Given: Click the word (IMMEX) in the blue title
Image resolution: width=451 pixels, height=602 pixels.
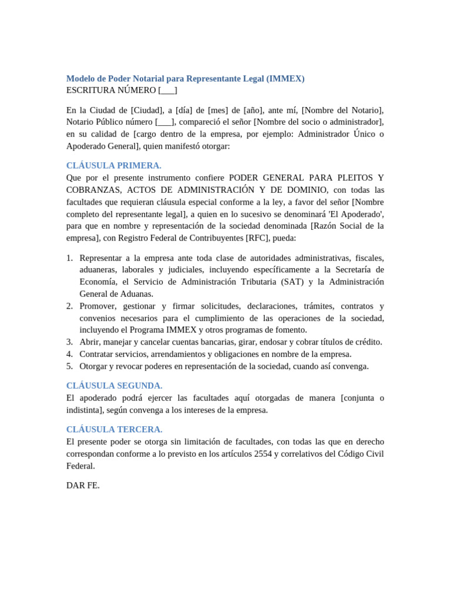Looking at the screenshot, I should (x=285, y=78).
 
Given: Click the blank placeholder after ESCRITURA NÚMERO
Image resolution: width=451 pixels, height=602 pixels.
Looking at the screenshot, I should (x=168, y=90).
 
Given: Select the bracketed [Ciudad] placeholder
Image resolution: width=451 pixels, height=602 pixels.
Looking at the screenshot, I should (x=147, y=110).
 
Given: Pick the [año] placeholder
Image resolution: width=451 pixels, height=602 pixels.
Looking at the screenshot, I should (x=255, y=110).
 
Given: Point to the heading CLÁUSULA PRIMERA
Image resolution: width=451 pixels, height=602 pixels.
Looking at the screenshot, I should (x=114, y=165).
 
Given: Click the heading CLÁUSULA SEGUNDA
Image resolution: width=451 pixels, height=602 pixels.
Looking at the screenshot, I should (x=114, y=386).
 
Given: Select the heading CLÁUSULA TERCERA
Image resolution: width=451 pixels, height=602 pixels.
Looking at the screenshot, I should (x=114, y=429).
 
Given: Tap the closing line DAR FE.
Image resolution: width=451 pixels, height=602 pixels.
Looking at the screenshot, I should (x=83, y=486).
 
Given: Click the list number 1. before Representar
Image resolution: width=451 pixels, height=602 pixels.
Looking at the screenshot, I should (x=69, y=258).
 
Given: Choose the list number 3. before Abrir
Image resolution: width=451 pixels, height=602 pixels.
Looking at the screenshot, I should (x=69, y=342).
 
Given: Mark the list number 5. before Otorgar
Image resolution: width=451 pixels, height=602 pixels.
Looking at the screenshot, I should (x=69, y=366).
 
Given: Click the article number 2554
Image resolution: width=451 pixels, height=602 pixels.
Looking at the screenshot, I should (x=263, y=453).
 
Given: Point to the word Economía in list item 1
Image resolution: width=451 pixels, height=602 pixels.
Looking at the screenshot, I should (x=98, y=282).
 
